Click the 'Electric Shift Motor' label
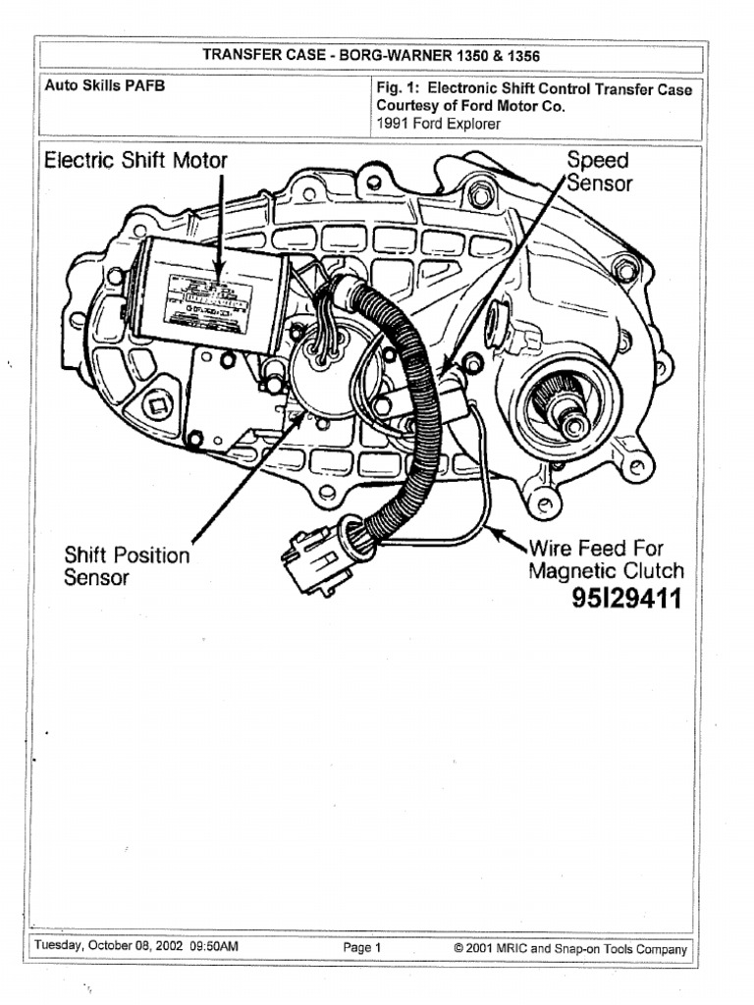136,161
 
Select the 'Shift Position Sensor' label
127,566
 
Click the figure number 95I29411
626,599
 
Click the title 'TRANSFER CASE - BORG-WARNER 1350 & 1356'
371,56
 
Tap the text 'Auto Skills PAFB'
105,86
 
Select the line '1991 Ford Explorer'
438,124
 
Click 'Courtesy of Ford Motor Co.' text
470,106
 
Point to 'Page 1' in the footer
362,948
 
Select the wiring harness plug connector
316,559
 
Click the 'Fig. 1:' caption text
399,88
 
